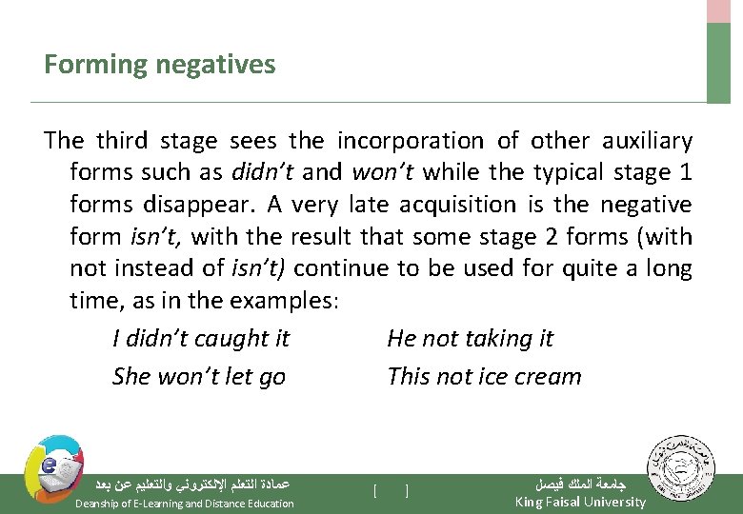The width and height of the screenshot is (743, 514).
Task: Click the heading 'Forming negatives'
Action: pyautogui.click(x=159, y=65)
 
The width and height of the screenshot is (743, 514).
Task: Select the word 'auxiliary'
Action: pyautogui.click(x=647, y=141)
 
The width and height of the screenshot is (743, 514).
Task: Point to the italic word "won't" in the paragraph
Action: pyautogui.click(x=382, y=172)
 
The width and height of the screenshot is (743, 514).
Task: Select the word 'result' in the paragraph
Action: pyautogui.click(x=329, y=237)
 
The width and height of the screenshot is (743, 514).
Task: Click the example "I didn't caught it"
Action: pyautogui.click(x=200, y=339)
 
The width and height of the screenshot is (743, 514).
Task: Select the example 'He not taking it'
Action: pyautogui.click(x=470, y=339)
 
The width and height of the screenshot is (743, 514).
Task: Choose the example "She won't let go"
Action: pyautogui.click(x=198, y=377)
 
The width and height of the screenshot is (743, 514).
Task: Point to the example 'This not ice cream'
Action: pyautogui.click(x=484, y=377)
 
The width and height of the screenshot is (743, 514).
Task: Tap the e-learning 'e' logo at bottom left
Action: pyautogui.click(x=51, y=467)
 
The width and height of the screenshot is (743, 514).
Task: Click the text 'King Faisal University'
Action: pyautogui.click(x=579, y=502)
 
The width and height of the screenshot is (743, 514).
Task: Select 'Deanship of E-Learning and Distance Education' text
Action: pyautogui.click(x=184, y=504)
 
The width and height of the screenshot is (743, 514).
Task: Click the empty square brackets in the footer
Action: pyautogui.click(x=392, y=491)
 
